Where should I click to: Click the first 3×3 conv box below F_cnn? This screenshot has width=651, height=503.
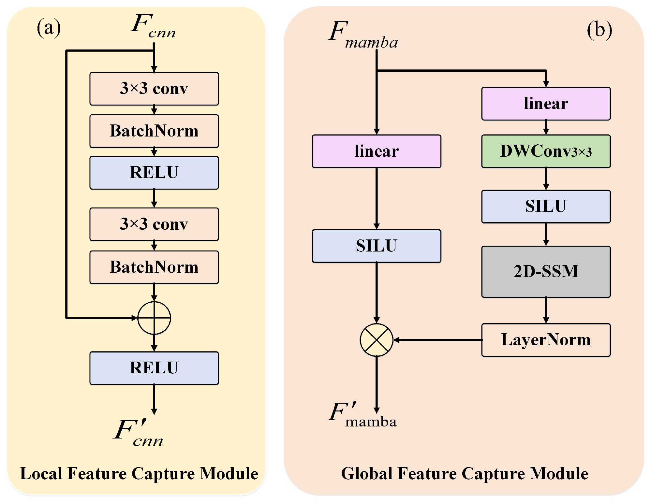[154, 89]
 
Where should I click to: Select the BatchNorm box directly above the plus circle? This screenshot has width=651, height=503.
[154, 267]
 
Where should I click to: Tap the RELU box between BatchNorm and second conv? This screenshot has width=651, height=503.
[154, 173]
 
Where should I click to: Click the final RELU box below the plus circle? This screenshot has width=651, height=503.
[154, 368]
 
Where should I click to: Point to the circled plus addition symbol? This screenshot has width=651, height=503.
[154, 318]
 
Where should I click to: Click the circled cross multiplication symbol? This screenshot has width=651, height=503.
[376, 340]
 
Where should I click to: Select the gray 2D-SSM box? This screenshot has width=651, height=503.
[546, 271]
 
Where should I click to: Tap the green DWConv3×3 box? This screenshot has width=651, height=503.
[546, 151]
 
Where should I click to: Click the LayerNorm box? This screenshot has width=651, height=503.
[546, 340]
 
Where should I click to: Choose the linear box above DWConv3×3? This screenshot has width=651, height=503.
[546, 104]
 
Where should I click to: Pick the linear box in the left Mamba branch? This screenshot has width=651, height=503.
[376, 151]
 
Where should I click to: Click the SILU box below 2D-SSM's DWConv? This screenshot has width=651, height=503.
[546, 207]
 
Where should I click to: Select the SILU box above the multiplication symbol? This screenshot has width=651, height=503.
[376, 246]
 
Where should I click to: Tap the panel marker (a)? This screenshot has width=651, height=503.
[49, 28]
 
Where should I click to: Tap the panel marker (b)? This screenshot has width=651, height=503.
[599, 30]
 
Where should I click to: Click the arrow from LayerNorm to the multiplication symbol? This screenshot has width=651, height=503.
[437, 340]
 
